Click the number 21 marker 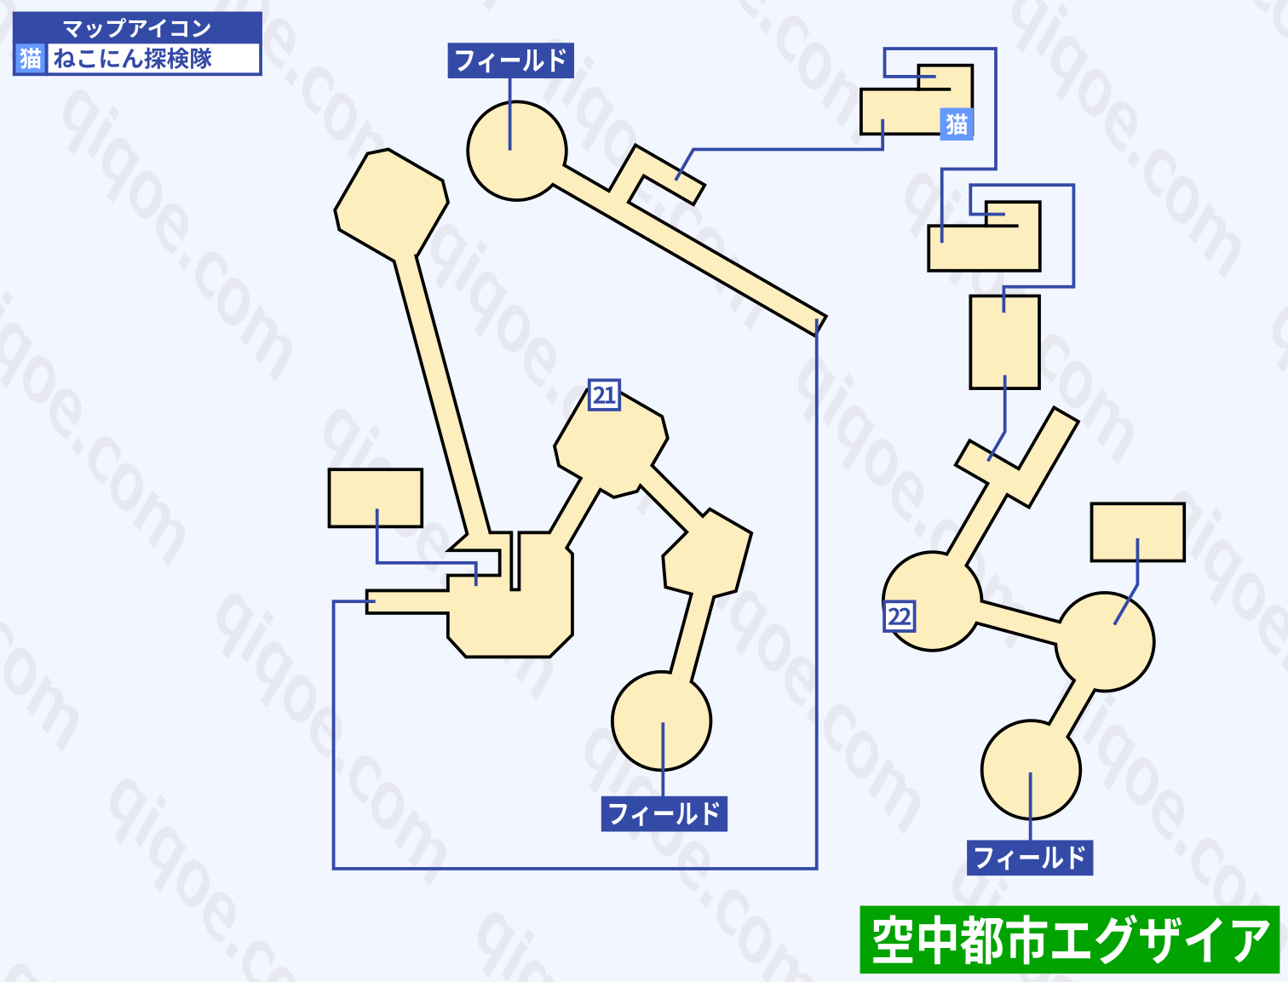point(604,395)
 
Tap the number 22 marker point(899,616)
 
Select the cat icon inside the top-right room point(957,124)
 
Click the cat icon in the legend point(30,58)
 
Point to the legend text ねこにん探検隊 point(133,58)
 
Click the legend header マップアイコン point(136,28)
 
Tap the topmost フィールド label point(510,60)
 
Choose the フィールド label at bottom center point(664,813)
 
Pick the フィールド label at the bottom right point(1029,857)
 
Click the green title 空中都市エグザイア point(1070,940)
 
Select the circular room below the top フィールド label point(516,152)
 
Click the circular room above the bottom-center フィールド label point(661,721)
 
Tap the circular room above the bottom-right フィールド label point(1031,769)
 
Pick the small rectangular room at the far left point(375,497)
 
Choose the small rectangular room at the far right point(1137,531)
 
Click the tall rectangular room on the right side point(1004,342)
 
